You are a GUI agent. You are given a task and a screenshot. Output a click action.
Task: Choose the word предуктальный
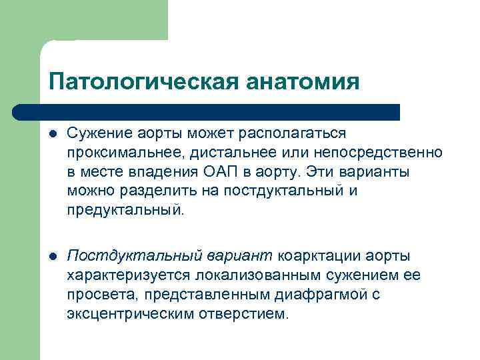(123, 210)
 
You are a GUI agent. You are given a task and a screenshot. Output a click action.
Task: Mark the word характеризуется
(126, 275)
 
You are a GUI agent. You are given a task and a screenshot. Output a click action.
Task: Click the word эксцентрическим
(130, 313)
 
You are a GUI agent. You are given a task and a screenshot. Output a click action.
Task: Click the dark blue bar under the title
(207, 111)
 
